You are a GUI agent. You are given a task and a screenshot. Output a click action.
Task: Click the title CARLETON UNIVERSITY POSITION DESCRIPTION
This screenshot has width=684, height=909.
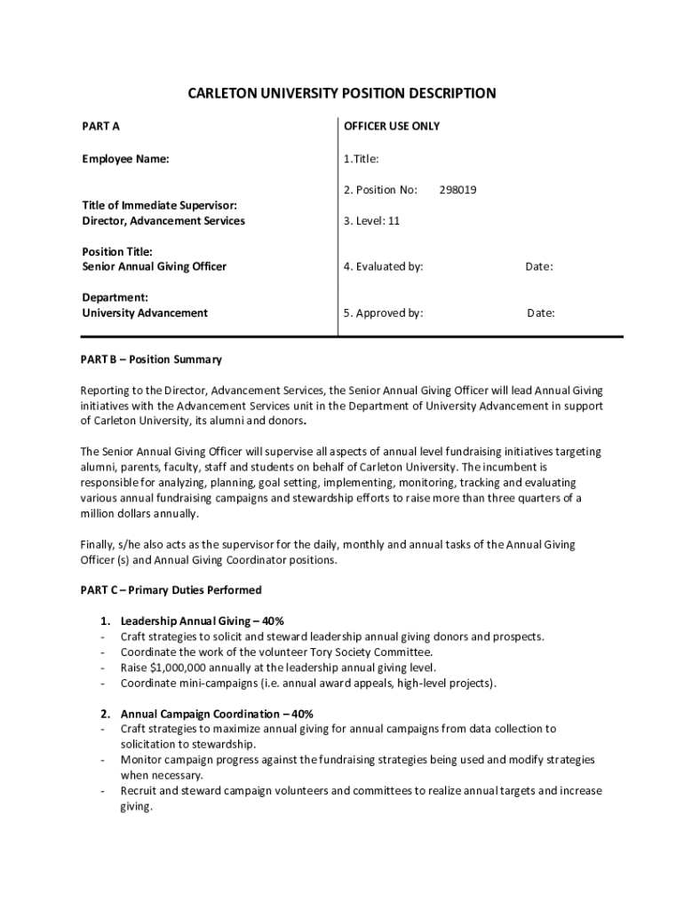pos(341,93)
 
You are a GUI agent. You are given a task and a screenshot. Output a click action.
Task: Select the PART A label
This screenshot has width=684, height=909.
pos(101,126)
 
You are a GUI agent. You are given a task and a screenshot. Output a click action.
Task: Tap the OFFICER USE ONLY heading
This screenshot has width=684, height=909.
pos(392,126)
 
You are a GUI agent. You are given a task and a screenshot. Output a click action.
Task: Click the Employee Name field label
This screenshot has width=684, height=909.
pos(125,160)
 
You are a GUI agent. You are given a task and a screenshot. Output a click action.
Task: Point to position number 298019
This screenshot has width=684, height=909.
pos(457,190)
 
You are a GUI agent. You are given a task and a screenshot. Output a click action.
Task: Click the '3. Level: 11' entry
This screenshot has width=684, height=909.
pos(371,220)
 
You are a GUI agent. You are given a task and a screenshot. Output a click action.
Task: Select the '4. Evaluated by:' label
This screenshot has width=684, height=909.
pos(384,266)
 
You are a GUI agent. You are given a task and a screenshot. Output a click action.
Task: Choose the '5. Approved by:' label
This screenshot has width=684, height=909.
pos(384,312)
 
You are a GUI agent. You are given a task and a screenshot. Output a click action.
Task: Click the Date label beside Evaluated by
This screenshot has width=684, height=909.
pos(539,266)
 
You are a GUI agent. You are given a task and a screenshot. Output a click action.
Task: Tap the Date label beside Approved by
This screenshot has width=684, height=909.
pos(541,312)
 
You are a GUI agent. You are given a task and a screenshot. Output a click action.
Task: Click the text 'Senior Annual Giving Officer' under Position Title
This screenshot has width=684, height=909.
pos(155,266)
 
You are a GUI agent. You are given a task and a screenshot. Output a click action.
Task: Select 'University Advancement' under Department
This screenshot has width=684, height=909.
pos(145,312)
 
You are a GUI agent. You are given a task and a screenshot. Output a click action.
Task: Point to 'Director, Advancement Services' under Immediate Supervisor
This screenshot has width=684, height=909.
pos(163,220)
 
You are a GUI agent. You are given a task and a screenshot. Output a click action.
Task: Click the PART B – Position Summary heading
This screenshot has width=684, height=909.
pos(152,360)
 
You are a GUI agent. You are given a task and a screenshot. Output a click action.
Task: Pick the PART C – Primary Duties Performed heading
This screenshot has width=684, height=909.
pos(172,590)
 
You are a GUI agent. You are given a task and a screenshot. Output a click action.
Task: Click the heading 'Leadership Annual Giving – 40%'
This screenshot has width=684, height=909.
pos(202,621)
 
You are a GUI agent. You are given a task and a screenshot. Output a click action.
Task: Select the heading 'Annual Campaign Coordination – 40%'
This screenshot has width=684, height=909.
pos(216,714)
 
